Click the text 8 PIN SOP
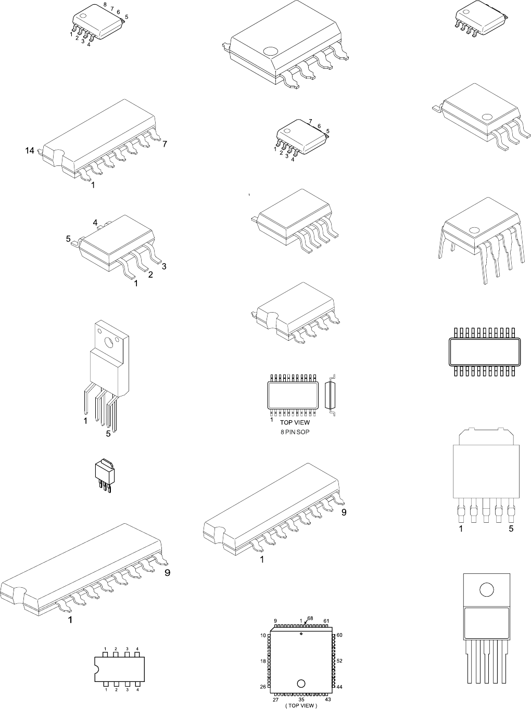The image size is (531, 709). click(x=295, y=432)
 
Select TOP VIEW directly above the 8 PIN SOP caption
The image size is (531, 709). click(x=295, y=423)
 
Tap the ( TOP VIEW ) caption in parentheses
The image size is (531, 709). click(x=301, y=705)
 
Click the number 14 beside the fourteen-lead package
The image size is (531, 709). click(x=30, y=151)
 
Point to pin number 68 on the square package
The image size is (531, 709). click(x=310, y=618)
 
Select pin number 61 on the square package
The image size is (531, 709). click(x=326, y=621)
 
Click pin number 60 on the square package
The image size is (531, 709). click(x=339, y=635)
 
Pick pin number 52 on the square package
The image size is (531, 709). click(x=339, y=661)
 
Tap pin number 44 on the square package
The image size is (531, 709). click(x=339, y=687)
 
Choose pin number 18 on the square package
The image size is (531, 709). click(x=263, y=661)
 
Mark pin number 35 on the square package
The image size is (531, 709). click(x=301, y=700)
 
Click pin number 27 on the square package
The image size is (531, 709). click(x=275, y=700)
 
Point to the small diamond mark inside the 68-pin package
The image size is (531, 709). click(x=301, y=634)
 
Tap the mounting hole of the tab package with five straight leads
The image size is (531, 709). click(x=486, y=590)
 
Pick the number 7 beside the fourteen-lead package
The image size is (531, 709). click(x=165, y=144)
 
